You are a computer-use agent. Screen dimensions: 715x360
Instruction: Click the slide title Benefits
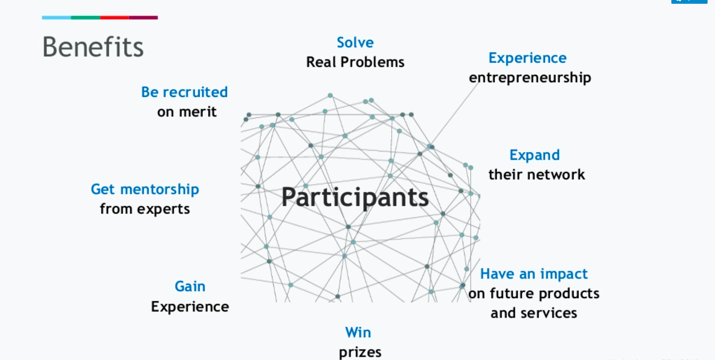point(93,47)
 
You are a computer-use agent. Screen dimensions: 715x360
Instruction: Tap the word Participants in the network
point(355,197)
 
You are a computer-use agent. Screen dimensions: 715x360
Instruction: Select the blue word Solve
point(355,42)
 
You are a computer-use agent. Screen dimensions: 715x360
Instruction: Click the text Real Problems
point(355,62)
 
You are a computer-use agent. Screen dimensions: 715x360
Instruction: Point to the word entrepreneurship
point(530,78)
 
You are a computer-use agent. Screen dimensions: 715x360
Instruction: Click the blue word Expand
point(535,155)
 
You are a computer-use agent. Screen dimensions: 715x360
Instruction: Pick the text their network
point(536,174)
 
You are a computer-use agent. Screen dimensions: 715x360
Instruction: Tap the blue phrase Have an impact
point(533,274)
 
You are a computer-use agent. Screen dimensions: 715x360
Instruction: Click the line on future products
point(534,294)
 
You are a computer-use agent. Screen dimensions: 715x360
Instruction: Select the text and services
point(533,313)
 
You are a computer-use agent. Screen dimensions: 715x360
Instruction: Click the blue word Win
point(358,332)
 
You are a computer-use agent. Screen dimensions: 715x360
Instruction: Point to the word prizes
point(360,352)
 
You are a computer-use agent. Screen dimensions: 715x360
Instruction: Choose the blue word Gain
point(190,287)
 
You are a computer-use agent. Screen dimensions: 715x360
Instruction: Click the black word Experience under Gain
point(190,307)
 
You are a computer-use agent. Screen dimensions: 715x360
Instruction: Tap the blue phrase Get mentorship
point(145,189)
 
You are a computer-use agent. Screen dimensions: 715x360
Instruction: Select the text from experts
point(145,209)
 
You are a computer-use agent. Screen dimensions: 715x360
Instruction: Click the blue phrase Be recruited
point(184,92)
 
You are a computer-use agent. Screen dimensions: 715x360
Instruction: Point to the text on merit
point(186,112)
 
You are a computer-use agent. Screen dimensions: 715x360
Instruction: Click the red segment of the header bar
point(114,18)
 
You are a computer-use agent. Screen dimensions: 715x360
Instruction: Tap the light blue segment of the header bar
point(56,18)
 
